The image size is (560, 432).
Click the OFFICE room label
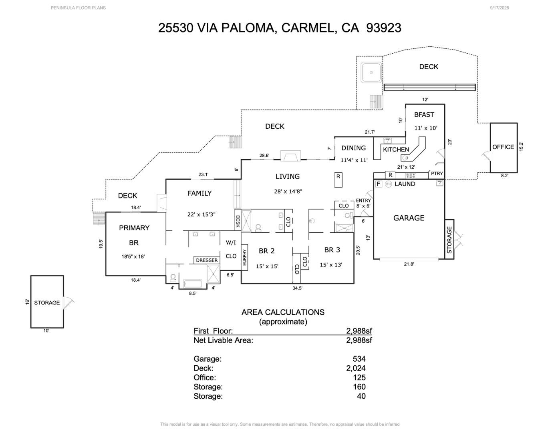point(503,147)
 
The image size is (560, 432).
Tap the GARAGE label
point(409,218)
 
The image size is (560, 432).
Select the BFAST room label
point(424,115)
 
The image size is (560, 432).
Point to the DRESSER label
point(207,260)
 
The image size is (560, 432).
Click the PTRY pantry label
point(437,174)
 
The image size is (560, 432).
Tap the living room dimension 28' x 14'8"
point(288,192)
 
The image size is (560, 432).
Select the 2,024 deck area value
point(356,368)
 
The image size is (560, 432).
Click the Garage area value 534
point(359,359)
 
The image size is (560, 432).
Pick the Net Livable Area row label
point(223,340)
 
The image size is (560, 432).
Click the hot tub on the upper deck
point(371,72)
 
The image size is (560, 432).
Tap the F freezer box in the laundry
point(378,184)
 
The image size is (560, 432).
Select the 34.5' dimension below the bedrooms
point(297,288)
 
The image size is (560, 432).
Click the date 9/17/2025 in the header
point(499,8)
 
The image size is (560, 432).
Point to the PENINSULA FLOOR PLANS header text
point(78,8)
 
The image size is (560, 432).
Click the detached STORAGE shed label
point(47,303)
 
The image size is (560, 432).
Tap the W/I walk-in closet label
point(231,242)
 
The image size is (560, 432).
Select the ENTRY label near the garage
point(363,200)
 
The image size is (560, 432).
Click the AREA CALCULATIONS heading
point(283,312)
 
